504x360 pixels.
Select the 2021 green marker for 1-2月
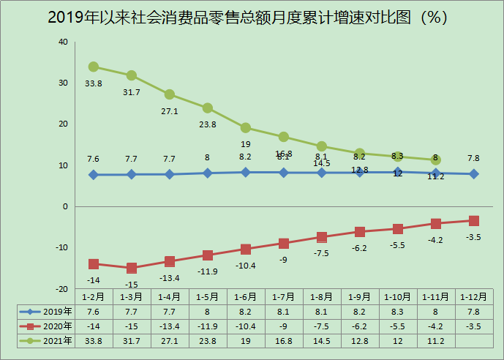coord(94,67)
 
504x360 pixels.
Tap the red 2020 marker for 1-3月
coord(132,268)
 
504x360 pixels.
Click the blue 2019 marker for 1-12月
coord(473,174)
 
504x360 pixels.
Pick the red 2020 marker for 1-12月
coord(473,221)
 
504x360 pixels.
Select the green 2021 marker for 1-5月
coord(208,108)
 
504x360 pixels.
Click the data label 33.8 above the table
coord(94,83)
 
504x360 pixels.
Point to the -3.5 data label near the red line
coord(473,237)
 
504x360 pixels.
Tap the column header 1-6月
coord(246,297)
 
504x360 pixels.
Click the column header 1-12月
coord(473,297)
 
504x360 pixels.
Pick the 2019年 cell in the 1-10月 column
coord(398,311)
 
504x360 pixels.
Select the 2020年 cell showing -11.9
coord(208,326)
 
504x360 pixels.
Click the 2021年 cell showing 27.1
coord(170,340)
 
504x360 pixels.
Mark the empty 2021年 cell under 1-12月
coord(473,340)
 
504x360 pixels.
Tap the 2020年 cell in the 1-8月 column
coord(322,326)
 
